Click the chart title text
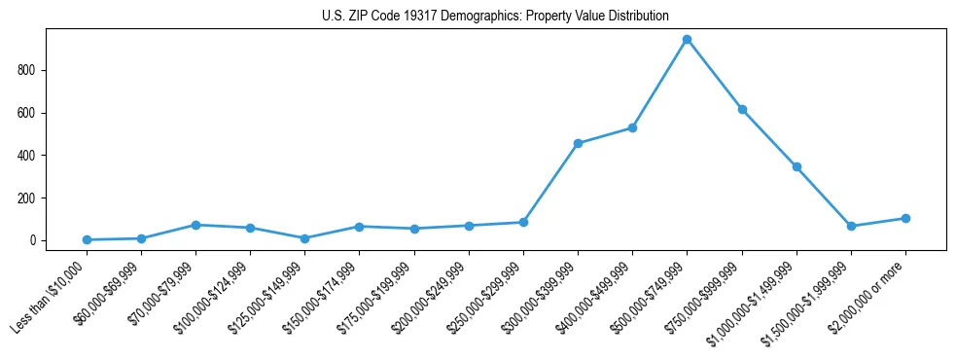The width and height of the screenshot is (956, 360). click(495, 16)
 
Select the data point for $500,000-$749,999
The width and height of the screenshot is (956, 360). click(688, 40)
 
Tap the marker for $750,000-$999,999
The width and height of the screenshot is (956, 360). click(742, 110)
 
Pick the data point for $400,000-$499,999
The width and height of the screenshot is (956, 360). click(633, 127)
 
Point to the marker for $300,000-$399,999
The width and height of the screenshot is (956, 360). click(579, 143)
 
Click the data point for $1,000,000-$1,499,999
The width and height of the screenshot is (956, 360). click(797, 166)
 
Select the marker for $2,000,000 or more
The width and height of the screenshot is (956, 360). click(905, 218)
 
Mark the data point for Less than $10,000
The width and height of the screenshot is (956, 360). click(88, 239)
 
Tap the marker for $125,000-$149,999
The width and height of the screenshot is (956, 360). click(305, 238)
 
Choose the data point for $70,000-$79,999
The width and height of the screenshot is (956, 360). click(196, 225)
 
